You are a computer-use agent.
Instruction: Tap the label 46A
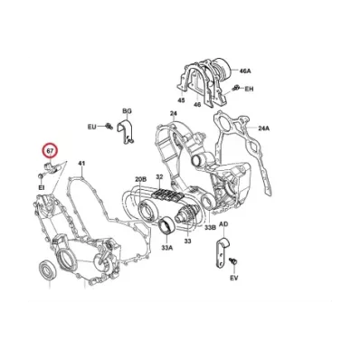pos(245,71)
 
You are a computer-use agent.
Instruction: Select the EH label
pos(249,89)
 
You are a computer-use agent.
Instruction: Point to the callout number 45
pos(181,100)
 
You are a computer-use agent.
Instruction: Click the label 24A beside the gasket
pos(264,128)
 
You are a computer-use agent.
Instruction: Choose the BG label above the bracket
pos(127,111)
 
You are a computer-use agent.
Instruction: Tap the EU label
pos(92,127)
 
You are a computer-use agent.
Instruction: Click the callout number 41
pos(81,164)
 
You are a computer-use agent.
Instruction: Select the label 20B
pos(140,180)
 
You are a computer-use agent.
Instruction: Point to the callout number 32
pos(159,176)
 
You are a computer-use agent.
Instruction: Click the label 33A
pos(167,248)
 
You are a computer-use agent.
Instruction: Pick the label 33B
pos(210,228)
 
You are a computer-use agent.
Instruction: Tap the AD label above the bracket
pos(223,224)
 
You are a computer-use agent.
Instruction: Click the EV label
pos(234,278)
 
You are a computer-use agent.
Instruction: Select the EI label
pos(41,187)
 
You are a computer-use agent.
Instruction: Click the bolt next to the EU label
pos(109,126)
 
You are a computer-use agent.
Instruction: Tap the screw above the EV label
pos(232,261)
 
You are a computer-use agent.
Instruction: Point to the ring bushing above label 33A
pos(166,225)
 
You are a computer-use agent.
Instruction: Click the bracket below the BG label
pos(126,131)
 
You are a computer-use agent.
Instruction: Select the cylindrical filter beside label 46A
pos(223,68)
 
